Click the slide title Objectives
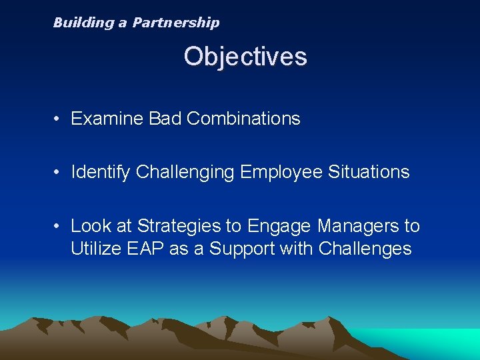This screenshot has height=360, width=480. [245, 57]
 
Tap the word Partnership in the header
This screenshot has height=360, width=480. [175, 23]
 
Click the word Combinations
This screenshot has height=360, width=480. [243, 119]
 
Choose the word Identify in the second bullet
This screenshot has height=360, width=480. [101, 172]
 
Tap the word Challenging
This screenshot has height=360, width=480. [185, 173]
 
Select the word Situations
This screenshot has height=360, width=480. [369, 172]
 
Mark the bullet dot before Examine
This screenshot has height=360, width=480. [59, 119]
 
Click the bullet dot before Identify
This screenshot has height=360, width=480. [59, 173]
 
